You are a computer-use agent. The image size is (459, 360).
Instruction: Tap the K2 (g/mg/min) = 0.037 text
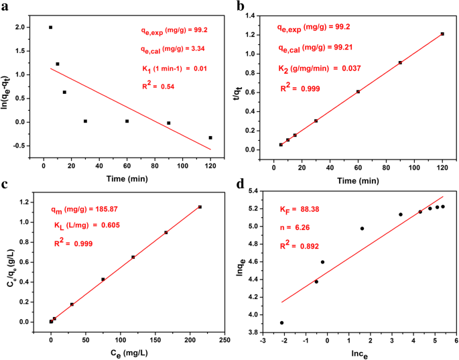point(320,68)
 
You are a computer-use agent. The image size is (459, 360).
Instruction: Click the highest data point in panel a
point(50,27)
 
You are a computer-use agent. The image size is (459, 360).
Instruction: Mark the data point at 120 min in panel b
point(442,34)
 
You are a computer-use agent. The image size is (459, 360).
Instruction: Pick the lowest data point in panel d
point(281,322)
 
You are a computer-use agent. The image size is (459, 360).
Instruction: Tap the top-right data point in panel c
point(200,207)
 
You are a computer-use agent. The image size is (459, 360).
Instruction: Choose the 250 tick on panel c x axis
point(224,340)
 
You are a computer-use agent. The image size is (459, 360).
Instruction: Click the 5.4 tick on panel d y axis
point(255,192)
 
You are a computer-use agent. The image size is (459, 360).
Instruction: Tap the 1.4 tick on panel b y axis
point(255,15)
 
